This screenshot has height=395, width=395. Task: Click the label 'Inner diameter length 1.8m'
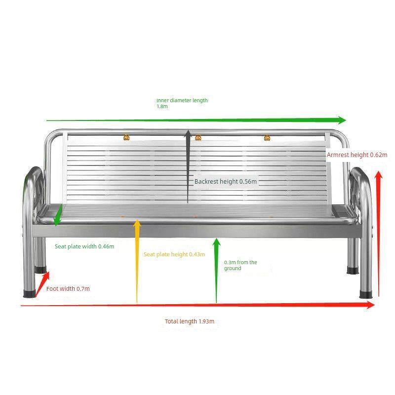(x=182, y=103)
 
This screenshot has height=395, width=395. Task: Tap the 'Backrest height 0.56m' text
(x=226, y=181)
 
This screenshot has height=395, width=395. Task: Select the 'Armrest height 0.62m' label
(x=357, y=155)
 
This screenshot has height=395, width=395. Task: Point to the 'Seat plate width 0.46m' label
(x=84, y=246)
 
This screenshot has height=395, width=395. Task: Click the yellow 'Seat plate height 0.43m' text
(x=174, y=254)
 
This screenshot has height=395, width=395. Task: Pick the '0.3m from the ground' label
(x=240, y=265)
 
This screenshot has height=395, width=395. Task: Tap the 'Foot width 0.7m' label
(x=68, y=289)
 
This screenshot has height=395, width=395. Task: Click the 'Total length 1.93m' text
(x=190, y=321)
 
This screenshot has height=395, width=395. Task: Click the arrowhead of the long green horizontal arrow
(x=342, y=120)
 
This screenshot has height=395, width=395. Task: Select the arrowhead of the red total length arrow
(x=371, y=305)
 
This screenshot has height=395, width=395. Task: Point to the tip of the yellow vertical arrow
(x=137, y=220)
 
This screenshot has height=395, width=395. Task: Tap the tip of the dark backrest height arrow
(x=188, y=130)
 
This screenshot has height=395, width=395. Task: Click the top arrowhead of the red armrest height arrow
(x=378, y=171)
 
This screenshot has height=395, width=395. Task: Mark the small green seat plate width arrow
(x=58, y=215)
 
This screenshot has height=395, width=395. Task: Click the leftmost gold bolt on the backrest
(x=126, y=137)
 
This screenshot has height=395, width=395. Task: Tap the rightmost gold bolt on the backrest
(x=267, y=138)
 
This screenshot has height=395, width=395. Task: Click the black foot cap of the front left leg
(x=30, y=294)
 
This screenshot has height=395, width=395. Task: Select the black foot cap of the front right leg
(x=366, y=294)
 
